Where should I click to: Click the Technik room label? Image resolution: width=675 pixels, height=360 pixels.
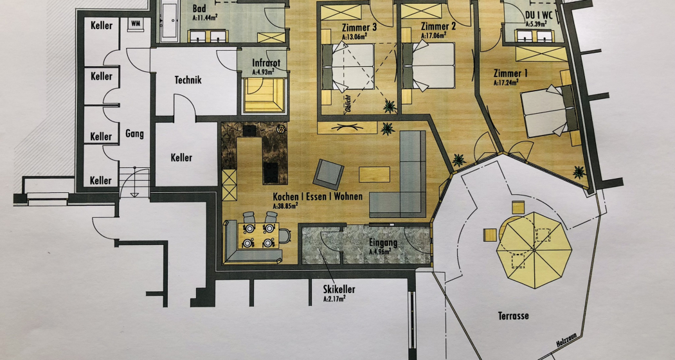coord(188,80)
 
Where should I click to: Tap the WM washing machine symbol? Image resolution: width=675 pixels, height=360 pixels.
coord(136,24)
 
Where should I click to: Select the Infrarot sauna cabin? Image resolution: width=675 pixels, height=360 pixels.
coord(264,93)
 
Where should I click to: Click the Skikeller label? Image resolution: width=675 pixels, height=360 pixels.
coord(339,290)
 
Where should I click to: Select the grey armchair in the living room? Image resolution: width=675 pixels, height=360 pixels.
coord(329,173)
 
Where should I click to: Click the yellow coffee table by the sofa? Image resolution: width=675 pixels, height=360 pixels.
coord(374,174)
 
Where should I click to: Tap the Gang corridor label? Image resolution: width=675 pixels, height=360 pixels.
coord(135,134)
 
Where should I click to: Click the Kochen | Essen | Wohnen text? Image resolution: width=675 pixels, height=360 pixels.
coord(318,196)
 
